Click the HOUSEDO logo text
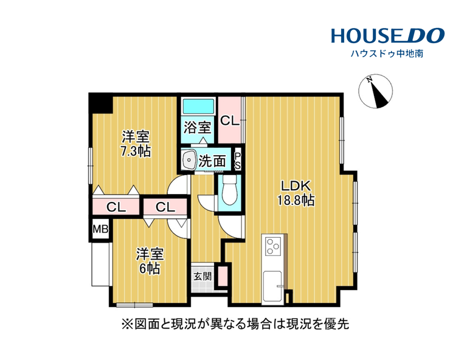pos(388,35)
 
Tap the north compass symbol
pos(375,91)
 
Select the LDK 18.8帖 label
pos(296,193)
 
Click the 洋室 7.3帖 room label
pos(136,144)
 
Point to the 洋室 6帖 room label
pos(150,261)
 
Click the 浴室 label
pos(198,127)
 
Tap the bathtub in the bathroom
pos(198,106)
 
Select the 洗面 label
pos(212,161)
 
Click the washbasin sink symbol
pos(189,159)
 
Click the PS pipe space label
pos(238,161)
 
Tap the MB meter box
pos(100,229)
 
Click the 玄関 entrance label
pos(202,277)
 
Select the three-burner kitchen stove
pos(273,246)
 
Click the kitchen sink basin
pos(272,286)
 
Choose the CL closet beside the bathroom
pos(230,120)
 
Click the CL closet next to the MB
pos(116,207)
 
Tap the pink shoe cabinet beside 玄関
pos(223,276)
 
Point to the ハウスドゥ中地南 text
pos(387,54)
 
